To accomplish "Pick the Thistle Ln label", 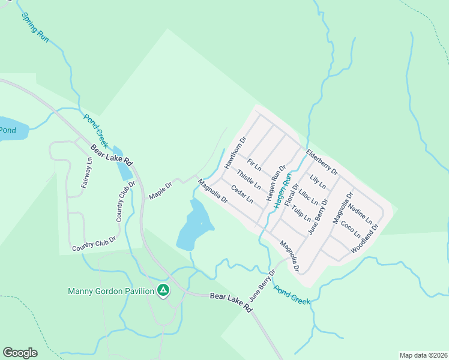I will [249, 179].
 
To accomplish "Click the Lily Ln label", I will [318, 179].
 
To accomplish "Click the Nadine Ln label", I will [361, 214].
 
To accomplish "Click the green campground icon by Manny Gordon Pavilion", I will [163, 291].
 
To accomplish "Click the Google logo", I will [20, 353].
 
